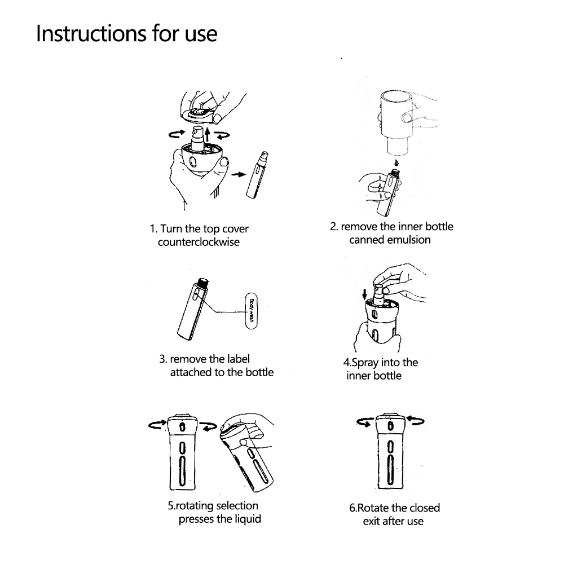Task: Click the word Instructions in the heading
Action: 91,34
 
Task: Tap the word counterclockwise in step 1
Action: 199,242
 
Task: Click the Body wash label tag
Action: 251,311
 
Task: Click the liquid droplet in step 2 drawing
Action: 396,162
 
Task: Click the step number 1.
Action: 153,229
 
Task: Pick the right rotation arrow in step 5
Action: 208,426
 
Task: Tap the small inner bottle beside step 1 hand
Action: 257,175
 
